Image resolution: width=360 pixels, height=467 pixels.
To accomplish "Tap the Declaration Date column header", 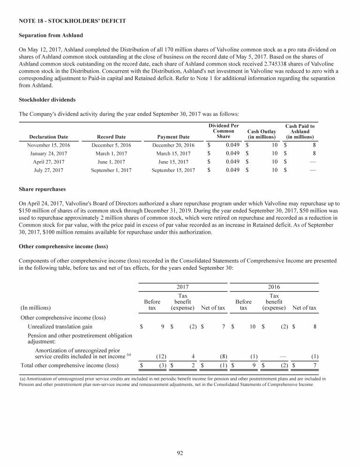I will tap(49, 137).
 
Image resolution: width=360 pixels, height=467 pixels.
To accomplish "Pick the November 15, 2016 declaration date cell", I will tap(49, 145).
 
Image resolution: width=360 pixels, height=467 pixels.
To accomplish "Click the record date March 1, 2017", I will tap(111, 154).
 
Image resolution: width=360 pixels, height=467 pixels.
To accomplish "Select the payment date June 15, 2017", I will tap(173, 162).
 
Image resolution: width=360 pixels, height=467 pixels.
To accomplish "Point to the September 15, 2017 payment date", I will tap(173, 170).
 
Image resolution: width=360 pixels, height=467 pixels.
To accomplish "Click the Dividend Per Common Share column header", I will tap(224, 131).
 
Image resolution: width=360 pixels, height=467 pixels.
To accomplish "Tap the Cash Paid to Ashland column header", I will tap(300, 132).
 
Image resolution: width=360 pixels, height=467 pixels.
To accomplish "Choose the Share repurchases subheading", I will tap(42, 190).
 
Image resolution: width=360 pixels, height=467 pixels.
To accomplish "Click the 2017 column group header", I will tap(183, 287).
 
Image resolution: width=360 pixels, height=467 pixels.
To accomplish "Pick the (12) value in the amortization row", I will tap(159, 356).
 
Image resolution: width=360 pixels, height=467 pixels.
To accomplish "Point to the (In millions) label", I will tap(36, 308).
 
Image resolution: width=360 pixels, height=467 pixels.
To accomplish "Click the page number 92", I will tap(180, 452).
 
